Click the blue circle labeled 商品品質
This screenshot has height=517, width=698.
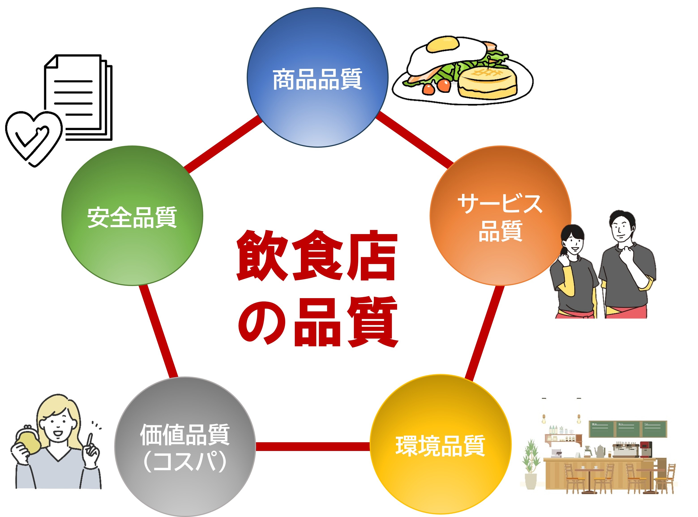317,77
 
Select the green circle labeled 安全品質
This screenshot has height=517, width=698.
132,216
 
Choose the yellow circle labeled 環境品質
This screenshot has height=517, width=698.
440,444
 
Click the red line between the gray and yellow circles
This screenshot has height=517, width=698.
313,446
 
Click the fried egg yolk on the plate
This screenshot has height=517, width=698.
443,44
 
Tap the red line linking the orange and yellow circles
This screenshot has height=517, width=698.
484,332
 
